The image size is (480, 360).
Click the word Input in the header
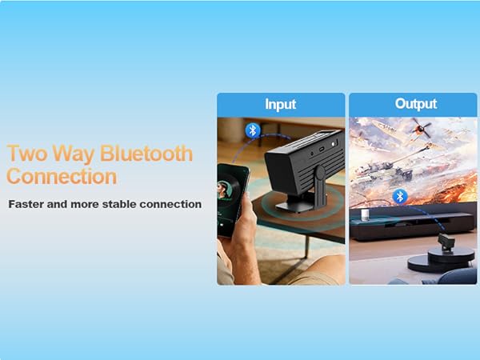[280, 104]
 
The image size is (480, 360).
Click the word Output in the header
[415, 104]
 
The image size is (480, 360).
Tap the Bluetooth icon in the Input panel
[253, 130]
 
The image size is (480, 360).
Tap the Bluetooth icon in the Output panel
[400, 196]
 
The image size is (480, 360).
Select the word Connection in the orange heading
[62, 176]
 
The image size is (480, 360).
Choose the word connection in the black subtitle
[168, 204]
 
